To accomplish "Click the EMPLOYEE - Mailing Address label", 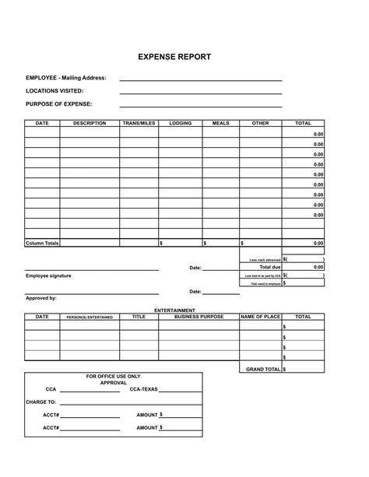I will [66, 79].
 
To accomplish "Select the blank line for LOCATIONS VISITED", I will [200, 93].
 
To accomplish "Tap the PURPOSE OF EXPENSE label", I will [59, 104].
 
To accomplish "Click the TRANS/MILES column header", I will [139, 123].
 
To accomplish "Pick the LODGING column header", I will [180, 123].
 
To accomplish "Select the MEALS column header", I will [220, 123].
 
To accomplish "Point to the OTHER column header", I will [260, 123].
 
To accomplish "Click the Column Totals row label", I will [42, 244].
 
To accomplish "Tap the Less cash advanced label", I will [265, 259].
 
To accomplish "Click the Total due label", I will [269, 267].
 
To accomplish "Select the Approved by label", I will [41, 298].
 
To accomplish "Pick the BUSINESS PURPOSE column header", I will [199, 317].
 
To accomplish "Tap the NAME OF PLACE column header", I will [260, 317].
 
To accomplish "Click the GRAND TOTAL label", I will [263, 369].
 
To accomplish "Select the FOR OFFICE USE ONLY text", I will [113, 376].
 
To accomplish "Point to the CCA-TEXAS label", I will [143, 389].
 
